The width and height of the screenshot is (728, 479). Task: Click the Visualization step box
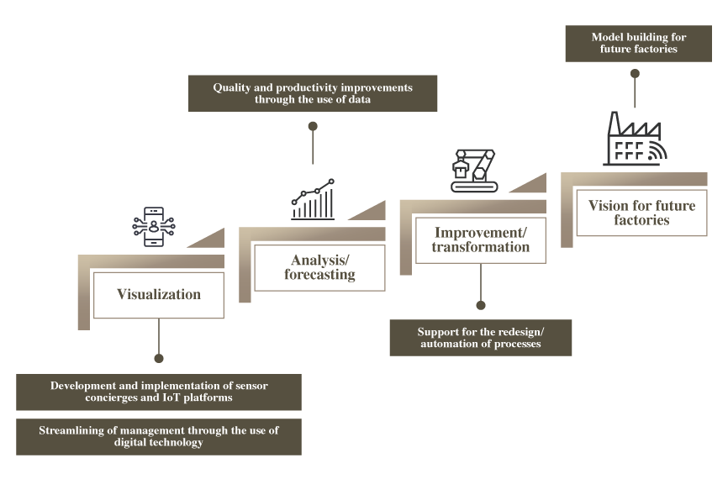(x=159, y=295)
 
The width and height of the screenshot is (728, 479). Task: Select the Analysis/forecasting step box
(x=319, y=268)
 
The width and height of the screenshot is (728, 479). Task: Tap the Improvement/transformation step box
(x=480, y=239)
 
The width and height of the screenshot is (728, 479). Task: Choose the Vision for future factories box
(x=641, y=213)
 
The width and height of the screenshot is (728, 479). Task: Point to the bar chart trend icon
(x=313, y=199)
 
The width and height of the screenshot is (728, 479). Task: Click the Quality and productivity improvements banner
(x=313, y=93)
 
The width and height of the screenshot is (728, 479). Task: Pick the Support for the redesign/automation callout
(x=480, y=338)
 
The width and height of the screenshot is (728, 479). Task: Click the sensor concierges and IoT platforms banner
(x=159, y=392)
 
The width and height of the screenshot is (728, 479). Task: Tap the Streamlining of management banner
(x=159, y=436)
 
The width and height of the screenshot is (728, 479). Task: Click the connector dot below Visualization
(x=159, y=355)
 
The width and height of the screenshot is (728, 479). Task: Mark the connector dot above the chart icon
(x=313, y=126)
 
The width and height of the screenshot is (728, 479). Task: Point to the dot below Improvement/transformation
(x=481, y=306)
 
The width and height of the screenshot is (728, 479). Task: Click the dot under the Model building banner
(x=635, y=74)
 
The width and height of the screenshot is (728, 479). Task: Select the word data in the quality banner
(x=357, y=100)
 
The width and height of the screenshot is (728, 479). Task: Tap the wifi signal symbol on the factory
(x=657, y=151)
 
